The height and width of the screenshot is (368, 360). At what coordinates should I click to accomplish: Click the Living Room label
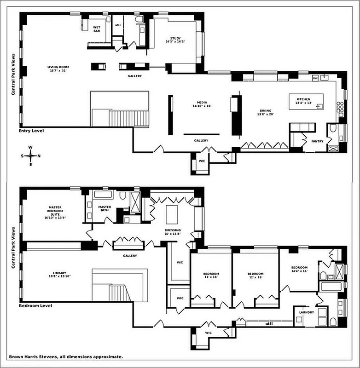coord(58,69)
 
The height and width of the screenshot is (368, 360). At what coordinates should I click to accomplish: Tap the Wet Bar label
coord(97,29)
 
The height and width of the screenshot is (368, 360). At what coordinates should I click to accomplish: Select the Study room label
coord(175,40)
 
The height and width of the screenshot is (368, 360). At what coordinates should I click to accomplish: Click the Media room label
coord(201,104)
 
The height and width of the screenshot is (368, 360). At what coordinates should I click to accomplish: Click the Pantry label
coord(317,141)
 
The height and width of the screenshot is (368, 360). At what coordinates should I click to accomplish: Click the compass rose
coord(31,155)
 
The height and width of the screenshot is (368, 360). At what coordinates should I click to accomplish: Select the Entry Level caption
coord(31,131)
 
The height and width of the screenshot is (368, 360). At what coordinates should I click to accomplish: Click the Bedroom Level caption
coord(35,305)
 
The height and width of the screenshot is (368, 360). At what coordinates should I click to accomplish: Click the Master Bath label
coord(105,208)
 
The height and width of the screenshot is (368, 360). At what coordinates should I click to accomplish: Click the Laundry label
coord(306,312)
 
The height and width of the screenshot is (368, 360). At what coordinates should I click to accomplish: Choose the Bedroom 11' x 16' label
coord(211,276)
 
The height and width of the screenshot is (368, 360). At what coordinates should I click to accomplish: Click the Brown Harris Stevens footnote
coord(65,356)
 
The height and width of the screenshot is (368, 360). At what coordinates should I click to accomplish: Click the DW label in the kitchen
coord(315,78)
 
